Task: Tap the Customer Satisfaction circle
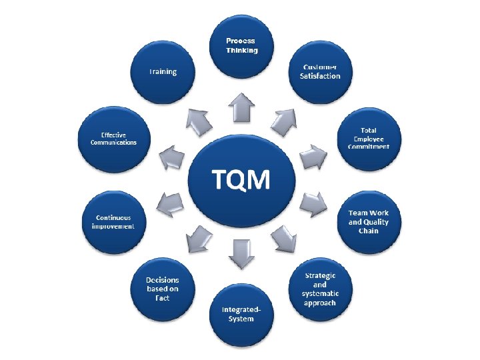[315, 71]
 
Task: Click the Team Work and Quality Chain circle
[369, 221]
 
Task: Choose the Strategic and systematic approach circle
[315, 289]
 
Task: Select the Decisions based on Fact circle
[163, 289]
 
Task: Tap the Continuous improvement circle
[113, 221]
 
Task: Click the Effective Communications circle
[113, 137]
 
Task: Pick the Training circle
[163, 71]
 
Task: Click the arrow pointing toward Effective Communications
[172, 157]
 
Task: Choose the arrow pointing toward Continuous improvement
[172, 201]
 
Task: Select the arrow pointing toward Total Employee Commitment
[311, 157]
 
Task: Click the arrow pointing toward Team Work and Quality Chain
[311, 202]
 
